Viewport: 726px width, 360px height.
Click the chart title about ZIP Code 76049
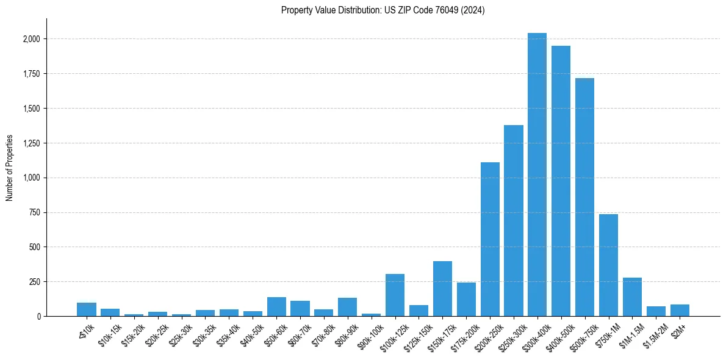coord(383,10)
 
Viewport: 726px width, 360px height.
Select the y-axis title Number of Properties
coord(10,168)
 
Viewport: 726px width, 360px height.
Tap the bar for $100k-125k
coord(395,295)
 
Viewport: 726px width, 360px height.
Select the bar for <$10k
coord(87,309)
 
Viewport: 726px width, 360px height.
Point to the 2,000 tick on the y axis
coord(31,39)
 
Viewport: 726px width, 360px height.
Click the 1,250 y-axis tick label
coord(31,143)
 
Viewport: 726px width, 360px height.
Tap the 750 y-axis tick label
coord(34,212)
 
